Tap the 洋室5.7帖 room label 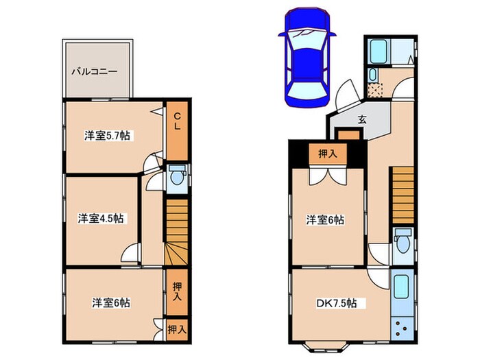(108, 136)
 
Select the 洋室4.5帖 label (101, 219)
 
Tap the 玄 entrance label (361, 118)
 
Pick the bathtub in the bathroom (379, 51)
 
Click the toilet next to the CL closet (177, 178)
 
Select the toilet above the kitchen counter (403, 243)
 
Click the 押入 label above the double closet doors (327, 154)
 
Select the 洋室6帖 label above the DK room (325, 220)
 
